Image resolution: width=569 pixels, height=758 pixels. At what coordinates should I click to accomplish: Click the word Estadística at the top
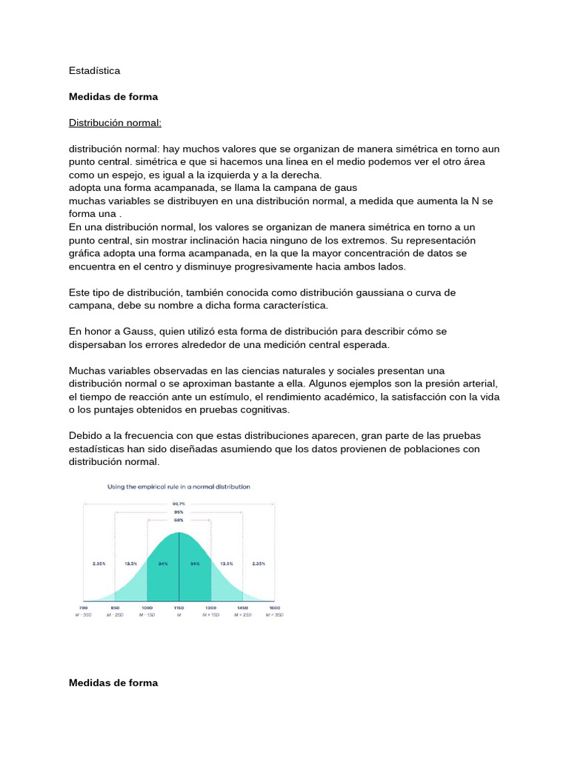click(x=94, y=70)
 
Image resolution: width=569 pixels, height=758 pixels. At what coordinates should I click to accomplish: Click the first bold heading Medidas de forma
click(x=113, y=96)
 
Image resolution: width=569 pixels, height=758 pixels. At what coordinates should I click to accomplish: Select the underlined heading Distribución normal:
click(x=115, y=122)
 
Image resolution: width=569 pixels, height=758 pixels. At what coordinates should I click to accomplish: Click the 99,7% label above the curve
click(x=179, y=504)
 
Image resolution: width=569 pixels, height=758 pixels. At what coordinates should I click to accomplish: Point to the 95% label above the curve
click(x=179, y=512)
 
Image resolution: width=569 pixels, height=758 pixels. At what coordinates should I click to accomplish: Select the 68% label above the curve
click(x=179, y=521)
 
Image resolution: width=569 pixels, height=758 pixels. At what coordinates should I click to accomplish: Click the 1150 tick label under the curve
click(x=179, y=607)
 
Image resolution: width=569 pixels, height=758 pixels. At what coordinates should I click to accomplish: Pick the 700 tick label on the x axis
click(x=84, y=607)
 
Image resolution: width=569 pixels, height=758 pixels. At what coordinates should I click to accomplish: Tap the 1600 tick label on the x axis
click(x=275, y=607)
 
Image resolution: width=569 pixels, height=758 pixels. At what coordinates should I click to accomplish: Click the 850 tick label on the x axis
click(x=116, y=607)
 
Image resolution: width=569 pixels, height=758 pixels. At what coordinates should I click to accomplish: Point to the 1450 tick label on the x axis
click(x=243, y=607)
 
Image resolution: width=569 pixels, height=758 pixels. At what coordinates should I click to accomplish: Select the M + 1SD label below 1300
click(x=211, y=614)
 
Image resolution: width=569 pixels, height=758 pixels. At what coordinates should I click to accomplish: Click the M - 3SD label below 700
click(x=84, y=614)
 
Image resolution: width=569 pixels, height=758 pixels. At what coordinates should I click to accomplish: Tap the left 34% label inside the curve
click(x=163, y=563)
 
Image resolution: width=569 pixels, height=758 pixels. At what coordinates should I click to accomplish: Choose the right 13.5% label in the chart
click(x=227, y=563)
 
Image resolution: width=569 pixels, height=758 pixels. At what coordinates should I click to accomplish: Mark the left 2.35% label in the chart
click(x=99, y=563)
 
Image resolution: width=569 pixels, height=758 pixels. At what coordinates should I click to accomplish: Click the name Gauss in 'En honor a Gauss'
click(x=138, y=331)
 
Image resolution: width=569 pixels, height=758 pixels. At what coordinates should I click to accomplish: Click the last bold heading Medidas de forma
click(x=113, y=682)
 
